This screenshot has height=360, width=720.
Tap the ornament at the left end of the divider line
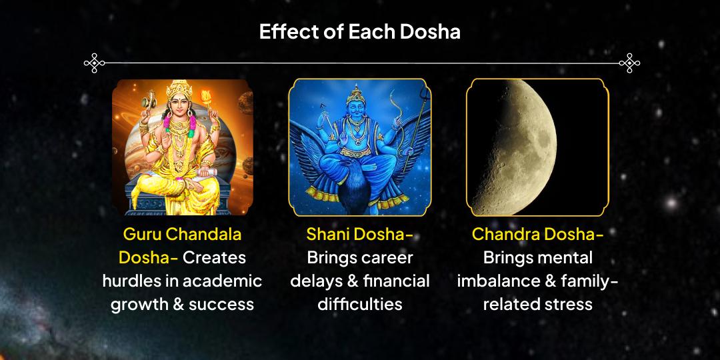coord(95,63)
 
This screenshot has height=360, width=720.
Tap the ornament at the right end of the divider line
coord(629,63)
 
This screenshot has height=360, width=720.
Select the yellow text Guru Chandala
coord(182,235)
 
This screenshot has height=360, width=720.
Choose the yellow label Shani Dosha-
coord(359,235)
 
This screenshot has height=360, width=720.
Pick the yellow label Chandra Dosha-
coord(537,235)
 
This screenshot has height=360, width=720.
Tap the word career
coord(387,258)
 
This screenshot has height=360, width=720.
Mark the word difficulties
coord(359,304)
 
